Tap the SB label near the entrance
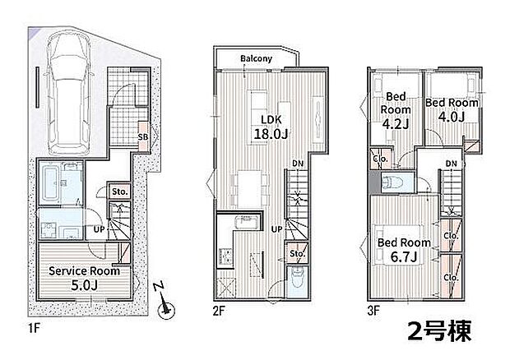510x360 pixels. [x=143, y=137]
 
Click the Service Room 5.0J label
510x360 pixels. [x=84, y=278]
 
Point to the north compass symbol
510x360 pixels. [x=165, y=302]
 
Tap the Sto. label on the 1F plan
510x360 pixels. [x=119, y=192]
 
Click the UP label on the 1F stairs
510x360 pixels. [x=99, y=229]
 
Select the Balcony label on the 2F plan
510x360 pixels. [x=256, y=58]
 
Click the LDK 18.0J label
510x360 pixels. [x=271, y=127]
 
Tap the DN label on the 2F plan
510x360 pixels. [x=298, y=164]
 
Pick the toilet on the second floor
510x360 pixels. [x=298, y=277]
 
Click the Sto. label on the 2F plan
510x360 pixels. [x=297, y=253]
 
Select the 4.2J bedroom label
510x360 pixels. [x=396, y=110]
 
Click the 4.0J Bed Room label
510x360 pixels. [x=452, y=109]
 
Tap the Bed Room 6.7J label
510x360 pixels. [x=404, y=250]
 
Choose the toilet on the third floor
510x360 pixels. [x=392, y=182]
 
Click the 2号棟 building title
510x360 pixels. [x=439, y=331]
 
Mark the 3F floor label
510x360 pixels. [x=373, y=311]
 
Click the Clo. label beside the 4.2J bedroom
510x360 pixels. [x=381, y=159]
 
